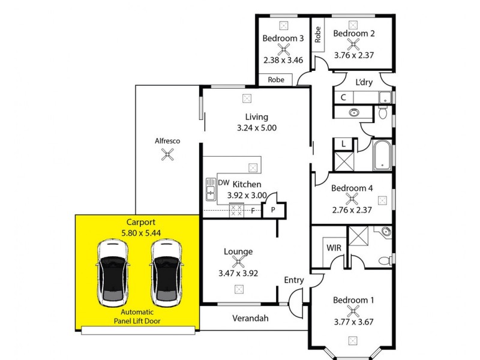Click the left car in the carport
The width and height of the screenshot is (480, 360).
pyautogui.click(x=113, y=274)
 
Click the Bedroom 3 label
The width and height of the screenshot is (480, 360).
pyautogui.click(x=283, y=38)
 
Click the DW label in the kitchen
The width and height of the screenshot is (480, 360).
pyautogui.click(x=224, y=183)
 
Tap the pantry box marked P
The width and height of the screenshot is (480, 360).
pyautogui.click(x=273, y=209)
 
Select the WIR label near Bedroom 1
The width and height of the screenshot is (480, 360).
pyautogui.click(x=334, y=247)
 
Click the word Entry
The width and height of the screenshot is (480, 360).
pyautogui.click(x=294, y=280)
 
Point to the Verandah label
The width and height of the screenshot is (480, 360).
pyautogui.click(x=250, y=318)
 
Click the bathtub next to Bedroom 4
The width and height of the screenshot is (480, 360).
pyautogui.click(x=382, y=155)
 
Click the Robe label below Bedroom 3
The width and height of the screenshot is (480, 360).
pyautogui.click(x=276, y=79)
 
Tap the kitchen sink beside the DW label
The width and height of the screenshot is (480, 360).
pyautogui.click(x=211, y=190)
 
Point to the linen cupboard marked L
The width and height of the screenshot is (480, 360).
pyautogui.click(x=343, y=145)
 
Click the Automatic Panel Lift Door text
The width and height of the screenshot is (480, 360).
pyautogui.click(x=137, y=316)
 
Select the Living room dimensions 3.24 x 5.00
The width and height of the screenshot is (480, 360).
pyautogui.click(x=256, y=128)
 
